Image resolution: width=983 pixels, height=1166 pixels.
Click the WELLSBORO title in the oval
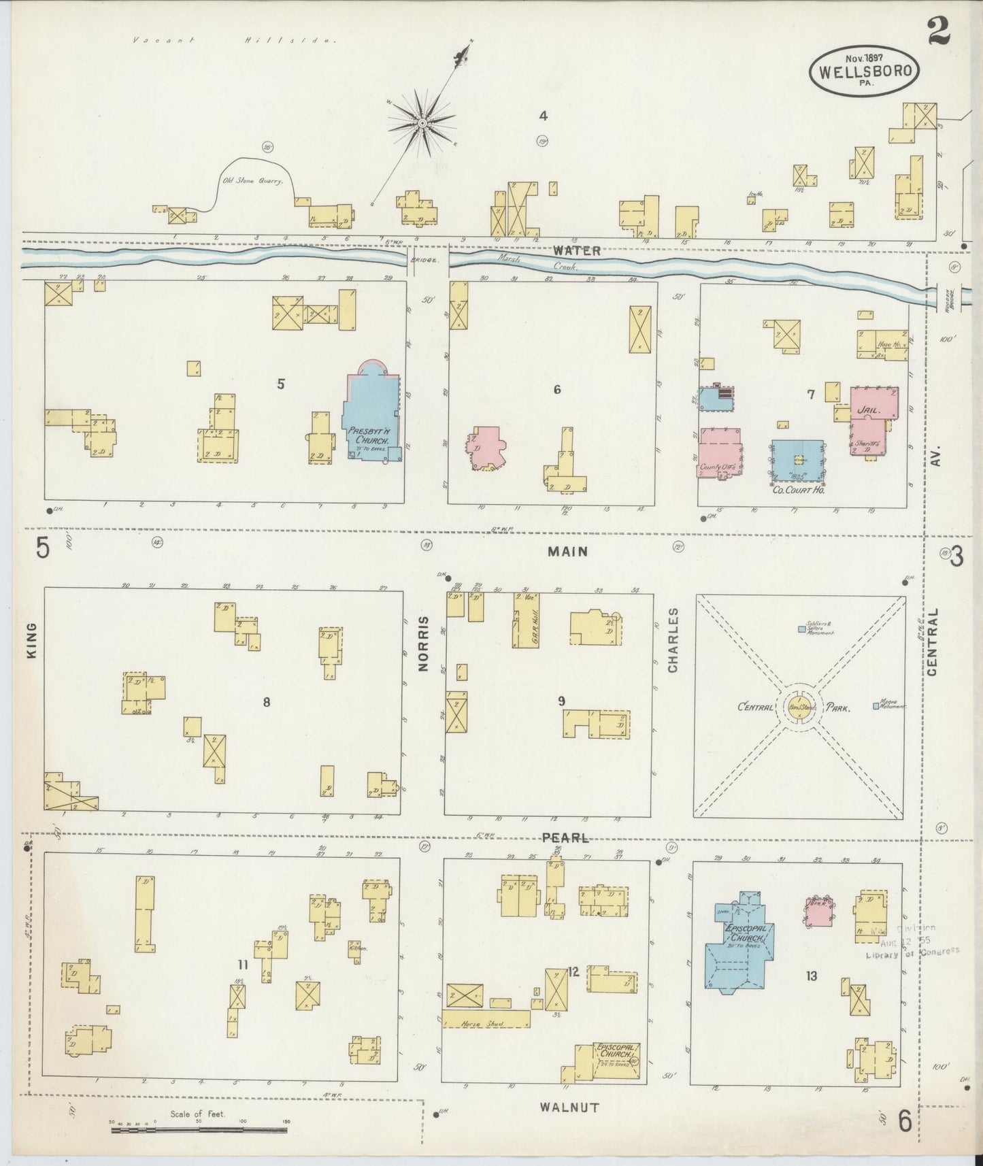point(865,71)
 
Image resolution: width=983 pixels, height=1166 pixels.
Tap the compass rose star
point(422,123)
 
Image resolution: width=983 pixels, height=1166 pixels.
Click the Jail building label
point(870,411)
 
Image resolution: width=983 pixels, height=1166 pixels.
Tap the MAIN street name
point(567,552)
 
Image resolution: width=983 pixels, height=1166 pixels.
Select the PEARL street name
point(565,837)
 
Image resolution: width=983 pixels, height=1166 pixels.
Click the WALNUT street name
point(569,1107)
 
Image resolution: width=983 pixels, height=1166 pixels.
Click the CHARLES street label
point(673,640)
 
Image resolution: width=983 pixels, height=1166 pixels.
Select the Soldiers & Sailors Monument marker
point(802,629)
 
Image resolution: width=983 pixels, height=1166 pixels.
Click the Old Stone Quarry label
point(252,182)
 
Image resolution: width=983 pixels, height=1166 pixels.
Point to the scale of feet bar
point(199,1130)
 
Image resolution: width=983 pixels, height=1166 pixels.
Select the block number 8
point(267,702)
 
